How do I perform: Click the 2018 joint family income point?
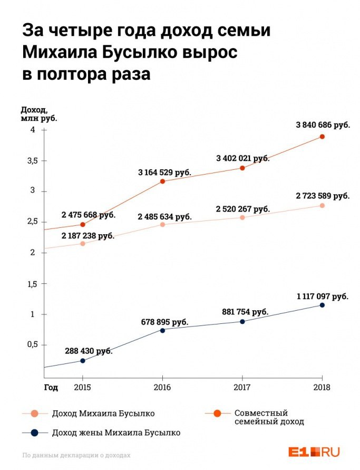point(322,137)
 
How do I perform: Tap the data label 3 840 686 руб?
point(323,124)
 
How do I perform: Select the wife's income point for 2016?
point(162,330)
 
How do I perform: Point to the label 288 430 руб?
point(89,350)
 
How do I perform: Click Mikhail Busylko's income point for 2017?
point(242,217)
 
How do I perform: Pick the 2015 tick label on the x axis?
point(82,387)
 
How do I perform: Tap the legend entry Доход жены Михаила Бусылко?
point(116,433)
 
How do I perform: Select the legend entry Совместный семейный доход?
point(269,417)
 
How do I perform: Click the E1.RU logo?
point(314,452)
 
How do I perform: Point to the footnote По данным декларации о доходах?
point(76,455)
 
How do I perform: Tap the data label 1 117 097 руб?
point(322,297)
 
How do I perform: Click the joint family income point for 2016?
point(162,181)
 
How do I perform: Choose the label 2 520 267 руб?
point(242,209)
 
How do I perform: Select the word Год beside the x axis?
point(51,387)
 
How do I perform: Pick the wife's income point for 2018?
point(322,305)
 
